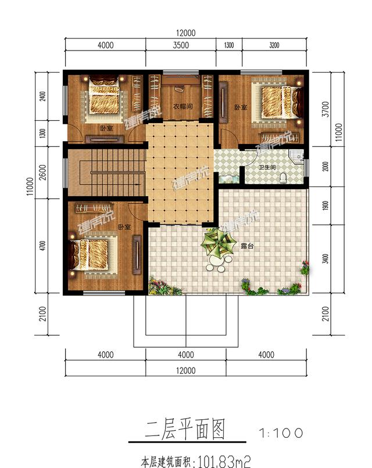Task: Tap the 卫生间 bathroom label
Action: coord(267,167)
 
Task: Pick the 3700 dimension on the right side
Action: coord(325,109)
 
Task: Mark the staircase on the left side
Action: coord(106,172)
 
